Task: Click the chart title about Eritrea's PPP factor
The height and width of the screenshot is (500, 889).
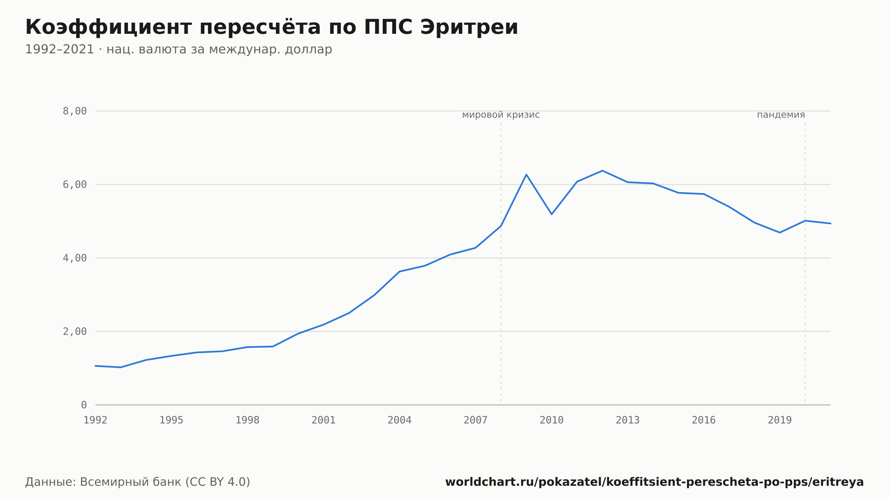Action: pos(272,28)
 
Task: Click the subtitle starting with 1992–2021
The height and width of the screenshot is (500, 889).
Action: pos(179,49)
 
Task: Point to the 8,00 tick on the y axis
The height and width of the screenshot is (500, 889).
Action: pos(75,111)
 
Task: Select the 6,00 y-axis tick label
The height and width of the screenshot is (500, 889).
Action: pos(75,185)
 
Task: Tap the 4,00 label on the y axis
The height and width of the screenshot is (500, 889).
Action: pos(75,258)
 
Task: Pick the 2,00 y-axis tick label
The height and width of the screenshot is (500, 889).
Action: pos(75,331)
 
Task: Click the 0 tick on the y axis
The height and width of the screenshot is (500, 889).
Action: pos(84,405)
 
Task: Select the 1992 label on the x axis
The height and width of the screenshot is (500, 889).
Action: pos(96,420)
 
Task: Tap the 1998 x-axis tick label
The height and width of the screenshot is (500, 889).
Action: pos(248,420)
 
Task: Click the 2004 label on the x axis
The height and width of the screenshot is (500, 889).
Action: pos(400,420)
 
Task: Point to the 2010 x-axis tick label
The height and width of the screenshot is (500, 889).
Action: pos(552,420)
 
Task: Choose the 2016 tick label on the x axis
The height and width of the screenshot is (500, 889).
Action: pos(704,420)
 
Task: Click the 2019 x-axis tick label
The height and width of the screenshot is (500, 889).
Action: pos(780,420)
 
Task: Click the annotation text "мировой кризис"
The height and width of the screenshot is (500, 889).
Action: pos(501,115)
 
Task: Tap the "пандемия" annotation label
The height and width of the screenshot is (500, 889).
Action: pos(781,115)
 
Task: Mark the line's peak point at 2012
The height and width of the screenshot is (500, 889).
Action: pos(602,171)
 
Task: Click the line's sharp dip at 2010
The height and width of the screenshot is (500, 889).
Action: pos(552,214)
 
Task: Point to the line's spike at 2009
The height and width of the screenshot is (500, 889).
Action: pos(526,174)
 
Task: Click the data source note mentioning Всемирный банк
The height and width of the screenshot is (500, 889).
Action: pos(138,482)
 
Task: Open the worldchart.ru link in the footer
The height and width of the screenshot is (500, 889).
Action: pos(654,482)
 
